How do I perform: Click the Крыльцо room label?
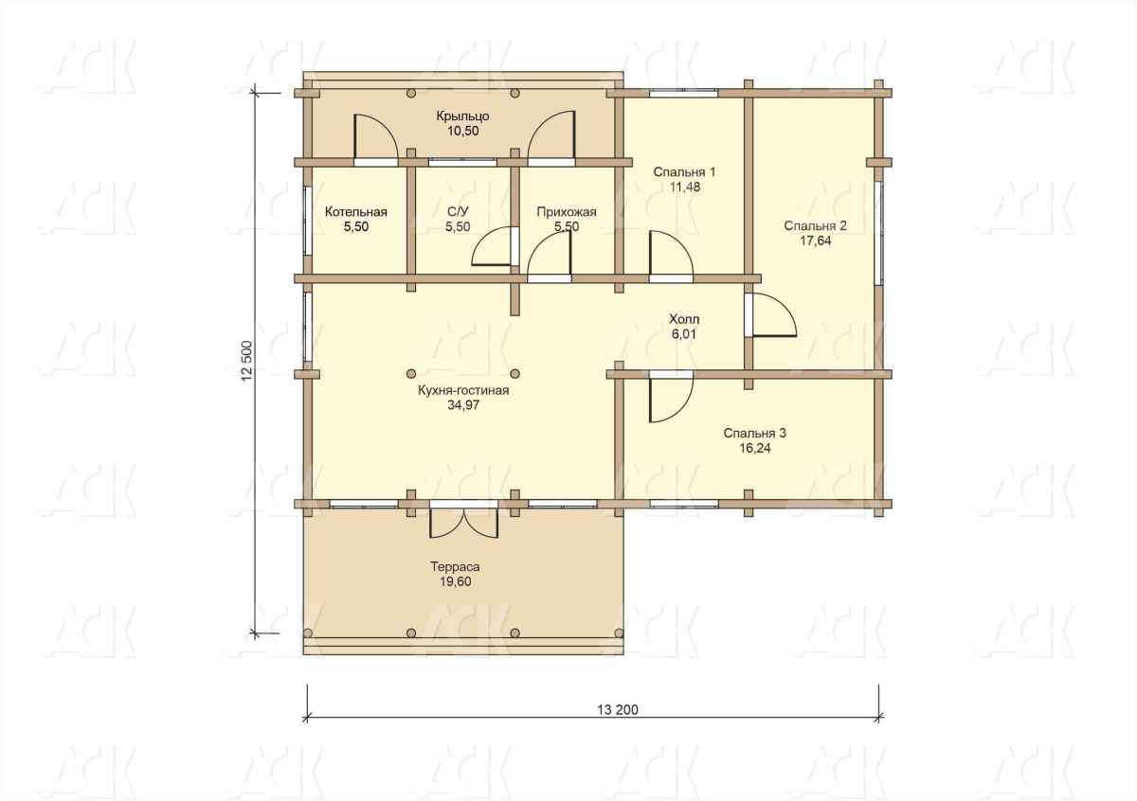[462, 116]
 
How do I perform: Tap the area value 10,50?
[462, 131]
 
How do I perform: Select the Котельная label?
[356, 211]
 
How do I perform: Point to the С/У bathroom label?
[458, 211]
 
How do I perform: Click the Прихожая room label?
[566, 211]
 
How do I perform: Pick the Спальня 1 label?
[684, 172]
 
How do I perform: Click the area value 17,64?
[816, 240]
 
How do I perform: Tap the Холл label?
[684, 319]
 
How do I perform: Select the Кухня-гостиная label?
[463, 390]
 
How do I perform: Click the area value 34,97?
[463, 405]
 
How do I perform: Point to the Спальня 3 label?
[754, 434]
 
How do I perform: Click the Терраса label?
[455, 566]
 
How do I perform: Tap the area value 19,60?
[455, 581]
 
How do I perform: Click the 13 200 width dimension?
[617, 710]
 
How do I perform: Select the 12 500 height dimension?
[247, 361]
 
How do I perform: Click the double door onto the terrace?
[463, 519]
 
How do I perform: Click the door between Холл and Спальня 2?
[770, 315]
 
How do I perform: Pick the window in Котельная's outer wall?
[307, 222]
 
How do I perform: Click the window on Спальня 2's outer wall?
[878, 233]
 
